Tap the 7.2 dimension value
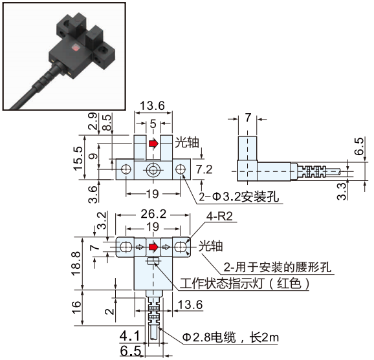pos(204,169)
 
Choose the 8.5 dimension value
pos(106,120)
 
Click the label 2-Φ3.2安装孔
pos(239,197)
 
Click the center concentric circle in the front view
pos(153,170)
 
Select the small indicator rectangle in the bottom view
pos(153,261)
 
